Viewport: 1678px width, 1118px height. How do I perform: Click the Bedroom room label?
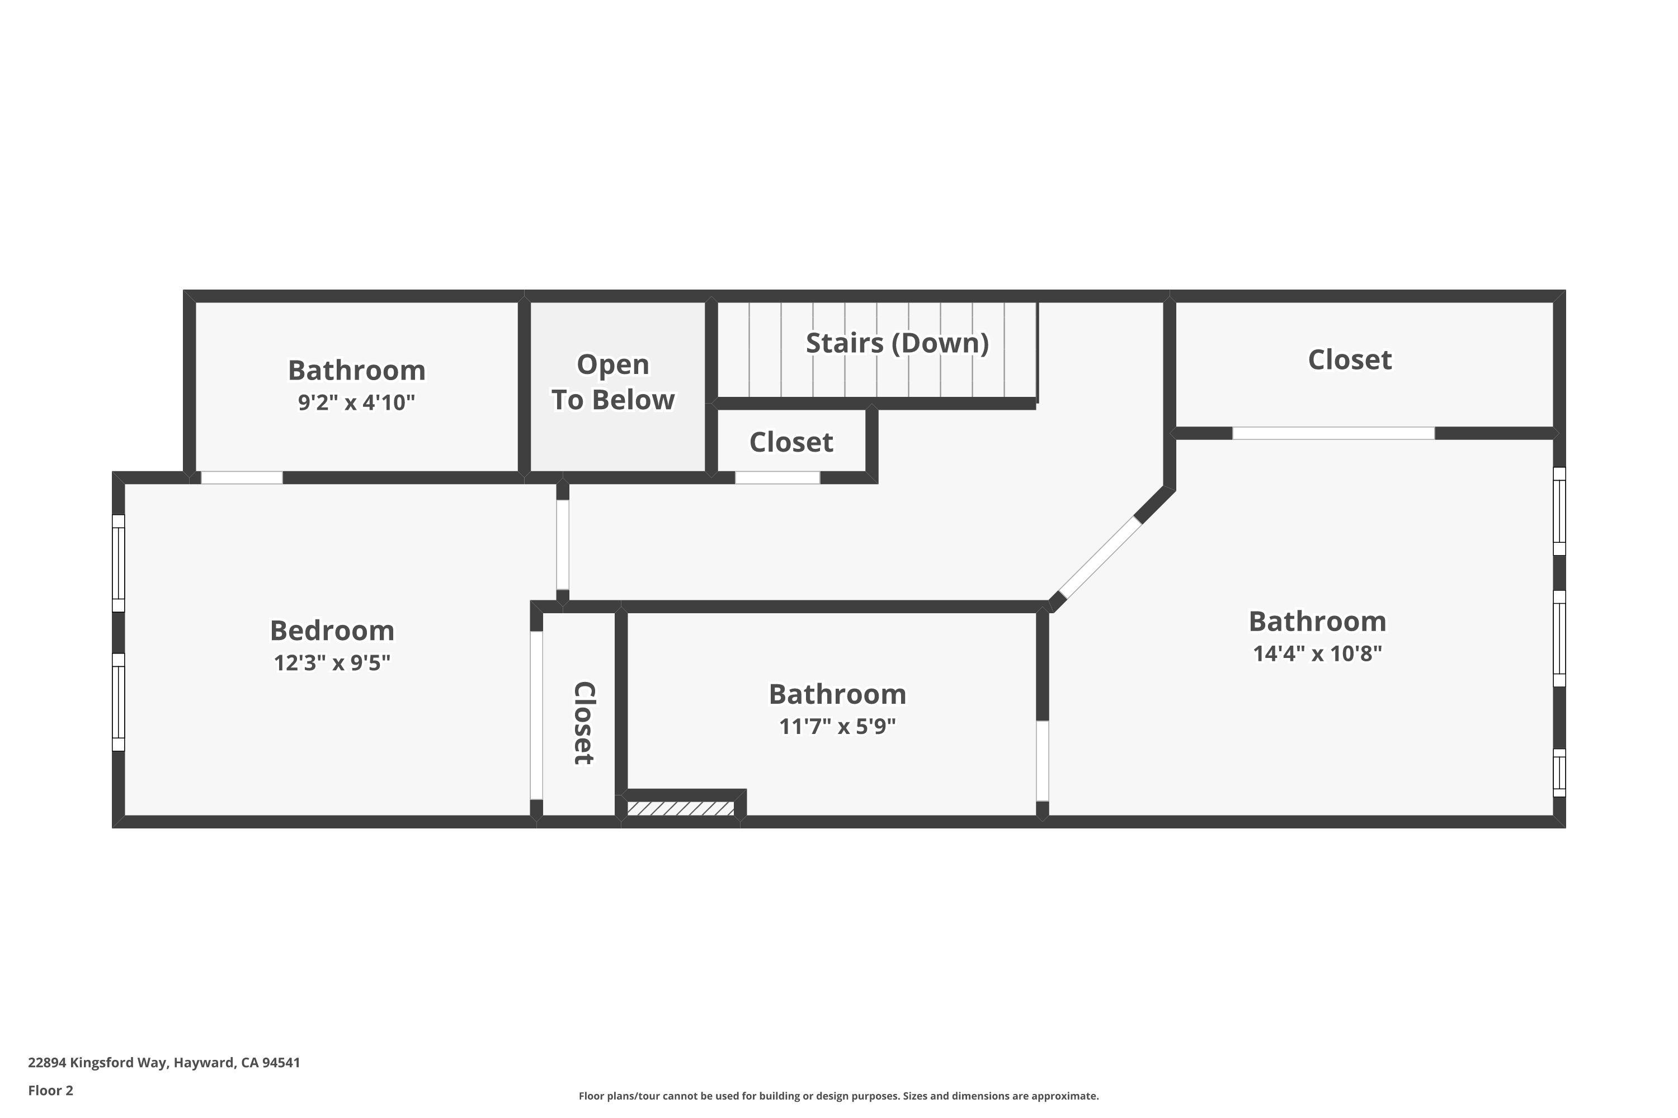332,631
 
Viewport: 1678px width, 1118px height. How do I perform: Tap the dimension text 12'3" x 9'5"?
332,663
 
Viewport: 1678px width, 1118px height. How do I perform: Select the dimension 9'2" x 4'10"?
356,403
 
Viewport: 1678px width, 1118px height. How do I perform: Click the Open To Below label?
613,382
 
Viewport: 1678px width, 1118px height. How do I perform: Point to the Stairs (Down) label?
897,343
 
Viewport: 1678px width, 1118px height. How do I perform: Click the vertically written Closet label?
583,723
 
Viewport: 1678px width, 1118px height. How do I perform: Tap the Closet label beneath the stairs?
790,442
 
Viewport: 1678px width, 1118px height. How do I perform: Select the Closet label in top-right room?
1349,359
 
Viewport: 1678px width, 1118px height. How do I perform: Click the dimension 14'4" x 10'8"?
1317,653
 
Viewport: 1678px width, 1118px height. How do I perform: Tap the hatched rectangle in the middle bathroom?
681,808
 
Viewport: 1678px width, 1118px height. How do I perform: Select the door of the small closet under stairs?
777,478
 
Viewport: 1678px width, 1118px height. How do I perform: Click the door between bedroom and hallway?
563,544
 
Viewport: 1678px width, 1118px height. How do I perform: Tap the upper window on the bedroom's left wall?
119,563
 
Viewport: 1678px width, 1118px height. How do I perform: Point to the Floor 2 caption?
51,1090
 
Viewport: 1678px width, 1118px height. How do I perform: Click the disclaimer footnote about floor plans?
838,1096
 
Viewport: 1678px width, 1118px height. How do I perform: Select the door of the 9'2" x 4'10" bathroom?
241,478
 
